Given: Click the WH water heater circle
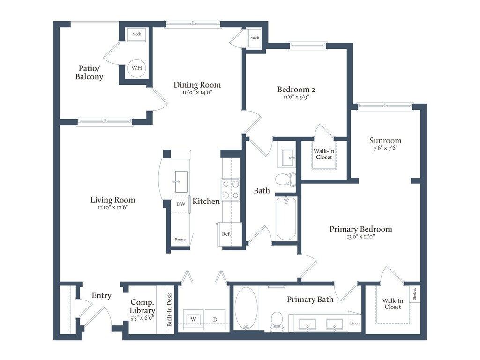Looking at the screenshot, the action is pyautogui.click(x=136, y=67).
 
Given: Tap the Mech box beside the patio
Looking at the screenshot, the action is pyautogui.click(x=136, y=34).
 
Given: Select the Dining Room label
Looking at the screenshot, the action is pyautogui.click(x=197, y=85).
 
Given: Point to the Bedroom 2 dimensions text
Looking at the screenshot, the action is pyautogui.click(x=296, y=97).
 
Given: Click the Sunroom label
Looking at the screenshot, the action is pyautogui.click(x=385, y=140).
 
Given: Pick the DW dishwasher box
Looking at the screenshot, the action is pyautogui.click(x=180, y=204).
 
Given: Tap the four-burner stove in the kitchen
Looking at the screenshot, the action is pyautogui.click(x=231, y=189).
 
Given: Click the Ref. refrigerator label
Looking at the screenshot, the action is pyautogui.click(x=226, y=234).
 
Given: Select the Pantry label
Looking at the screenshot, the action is pyautogui.click(x=180, y=240).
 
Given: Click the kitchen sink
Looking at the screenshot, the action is pyautogui.click(x=181, y=182).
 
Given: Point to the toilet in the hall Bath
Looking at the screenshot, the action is pyautogui.click(x=285, y=179).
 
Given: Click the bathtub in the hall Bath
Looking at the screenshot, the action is pyautogui.click(x=286, y=218).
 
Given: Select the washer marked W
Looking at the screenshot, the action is pyautogui.click(x=193, y=319).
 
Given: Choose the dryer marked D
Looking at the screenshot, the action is pyautogui.click(x=215, y=319).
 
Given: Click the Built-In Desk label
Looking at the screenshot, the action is pyautogui.click(x=169, y=309).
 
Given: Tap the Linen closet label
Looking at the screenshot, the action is pyautogui.click(x=355, y=323).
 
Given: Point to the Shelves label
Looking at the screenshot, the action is pyautogui.click(x=414, y=294).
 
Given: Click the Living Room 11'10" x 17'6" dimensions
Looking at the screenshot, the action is pyautogui.click(x=112, y=207).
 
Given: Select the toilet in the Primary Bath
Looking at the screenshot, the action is pyautogui.click(x=277, y=322).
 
